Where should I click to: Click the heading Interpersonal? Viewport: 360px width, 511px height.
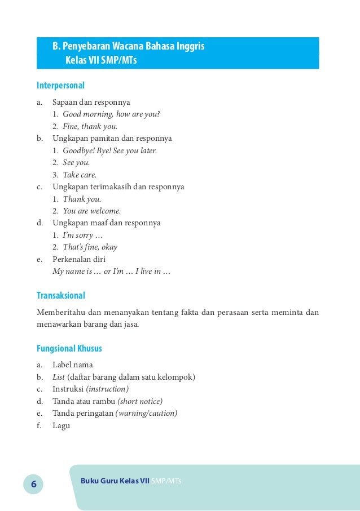coord(60,86)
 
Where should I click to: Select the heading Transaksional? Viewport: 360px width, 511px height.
coord(60,295)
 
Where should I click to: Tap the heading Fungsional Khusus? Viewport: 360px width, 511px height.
coord(69,349)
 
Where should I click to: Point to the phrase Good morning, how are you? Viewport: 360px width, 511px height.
coord(111,114)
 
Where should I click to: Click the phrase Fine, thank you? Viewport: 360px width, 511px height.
coord(90,126)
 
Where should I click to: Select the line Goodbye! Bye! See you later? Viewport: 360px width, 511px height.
coord(109,150)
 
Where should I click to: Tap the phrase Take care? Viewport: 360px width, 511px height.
coord(80,175)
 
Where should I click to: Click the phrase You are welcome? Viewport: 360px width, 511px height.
coord(91,211)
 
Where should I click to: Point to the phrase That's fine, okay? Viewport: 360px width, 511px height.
coord(90,247)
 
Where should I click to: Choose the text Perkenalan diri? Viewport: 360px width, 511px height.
coord(79,260)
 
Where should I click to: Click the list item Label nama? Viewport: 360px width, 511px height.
coord(73,365)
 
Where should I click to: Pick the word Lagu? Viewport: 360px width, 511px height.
coord(61,426)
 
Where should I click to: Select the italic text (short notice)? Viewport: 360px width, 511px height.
coord(139,401)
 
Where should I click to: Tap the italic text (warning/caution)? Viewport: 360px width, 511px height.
coord(146,414)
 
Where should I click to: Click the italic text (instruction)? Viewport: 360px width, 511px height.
coord(107,389)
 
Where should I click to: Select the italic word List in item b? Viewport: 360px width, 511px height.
coord(59,377)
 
